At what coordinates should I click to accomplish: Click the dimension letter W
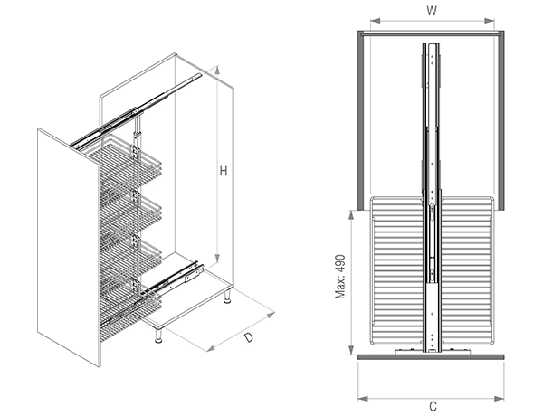[432, 11]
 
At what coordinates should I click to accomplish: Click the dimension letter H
[224, 171]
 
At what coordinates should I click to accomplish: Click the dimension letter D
[249, 337]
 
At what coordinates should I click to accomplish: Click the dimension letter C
[433, 406]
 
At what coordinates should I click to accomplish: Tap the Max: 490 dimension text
[340, 277]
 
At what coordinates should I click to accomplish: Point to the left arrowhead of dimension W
[375, 21]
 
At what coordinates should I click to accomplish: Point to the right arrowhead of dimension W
[490, 21]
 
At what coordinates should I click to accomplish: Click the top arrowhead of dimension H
[217, 70]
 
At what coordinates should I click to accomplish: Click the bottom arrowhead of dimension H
[217, 258]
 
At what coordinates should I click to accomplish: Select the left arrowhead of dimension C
[363, 399]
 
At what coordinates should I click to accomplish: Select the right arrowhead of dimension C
[499, 399]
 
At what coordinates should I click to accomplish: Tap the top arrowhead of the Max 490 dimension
[351, 215]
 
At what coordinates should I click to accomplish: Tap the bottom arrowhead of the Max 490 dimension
[351, 350]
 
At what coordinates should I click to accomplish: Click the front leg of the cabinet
[158, 336]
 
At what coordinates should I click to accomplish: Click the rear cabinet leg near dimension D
[227, 297]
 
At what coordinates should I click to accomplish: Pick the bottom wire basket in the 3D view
[131, 305]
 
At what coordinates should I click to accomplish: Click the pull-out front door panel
[69, 248]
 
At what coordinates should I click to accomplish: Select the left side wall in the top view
[361, 120]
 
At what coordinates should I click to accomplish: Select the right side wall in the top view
[501, 120]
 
